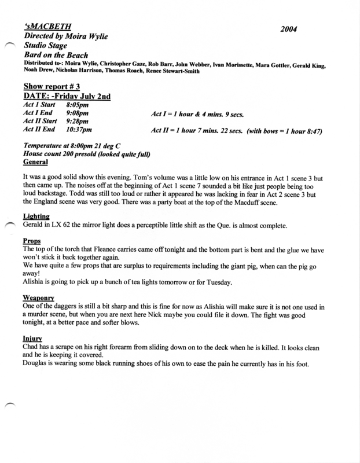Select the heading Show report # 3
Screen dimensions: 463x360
pyautogui.click(x=53, y=86)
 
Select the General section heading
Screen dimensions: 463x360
pyautogui.click(x=36, y=163)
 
